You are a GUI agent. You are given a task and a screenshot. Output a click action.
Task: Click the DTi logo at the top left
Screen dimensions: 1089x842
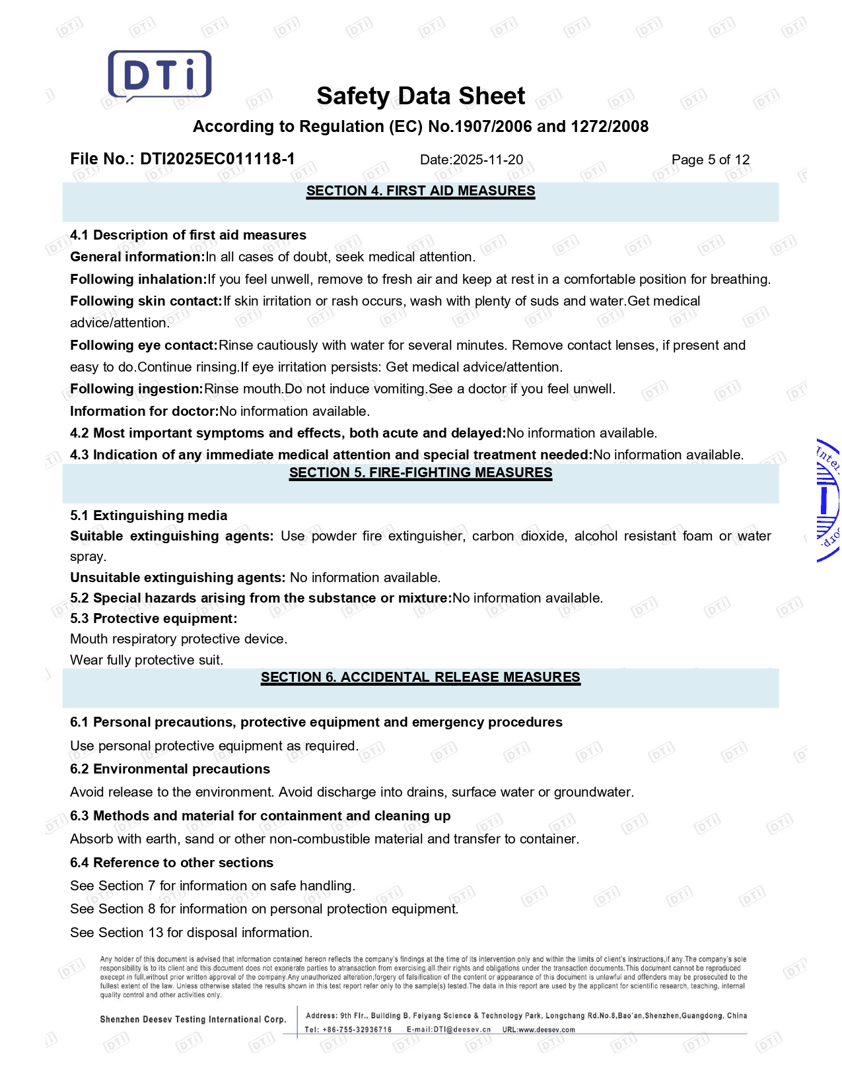tap(160, 75)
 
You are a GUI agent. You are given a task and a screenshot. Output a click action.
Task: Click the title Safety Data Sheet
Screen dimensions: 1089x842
tap(421, 96)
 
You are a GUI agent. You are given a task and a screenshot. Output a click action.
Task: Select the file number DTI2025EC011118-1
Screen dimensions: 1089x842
tap(217, 159)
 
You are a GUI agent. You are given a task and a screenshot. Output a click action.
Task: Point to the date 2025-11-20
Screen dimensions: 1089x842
tap(488, 160)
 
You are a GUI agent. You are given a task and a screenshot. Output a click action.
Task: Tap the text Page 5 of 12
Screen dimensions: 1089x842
tap(711, 160)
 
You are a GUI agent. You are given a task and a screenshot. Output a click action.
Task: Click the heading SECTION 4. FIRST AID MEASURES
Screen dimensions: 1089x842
tap(421, 191)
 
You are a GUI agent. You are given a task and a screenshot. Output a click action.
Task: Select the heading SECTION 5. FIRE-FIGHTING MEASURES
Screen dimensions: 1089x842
tap(421, 473)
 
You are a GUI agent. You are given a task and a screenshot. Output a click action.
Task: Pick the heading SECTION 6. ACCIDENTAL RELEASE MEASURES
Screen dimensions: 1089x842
tap(421, 677)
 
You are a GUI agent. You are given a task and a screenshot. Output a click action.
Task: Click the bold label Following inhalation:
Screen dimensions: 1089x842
tap(139, 279)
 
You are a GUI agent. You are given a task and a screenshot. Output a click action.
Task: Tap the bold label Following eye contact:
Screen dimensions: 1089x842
tap(144, 345)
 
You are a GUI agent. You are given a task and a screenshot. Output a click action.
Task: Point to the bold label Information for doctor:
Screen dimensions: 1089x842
tap(145, 411)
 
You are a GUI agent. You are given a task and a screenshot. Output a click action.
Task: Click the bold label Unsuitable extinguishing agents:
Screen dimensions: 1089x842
tap(178, 577)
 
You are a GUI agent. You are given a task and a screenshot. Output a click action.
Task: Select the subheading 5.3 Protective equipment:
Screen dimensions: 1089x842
tap(153, 618)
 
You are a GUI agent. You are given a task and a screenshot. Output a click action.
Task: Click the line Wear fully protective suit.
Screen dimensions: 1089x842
tap(147, 660)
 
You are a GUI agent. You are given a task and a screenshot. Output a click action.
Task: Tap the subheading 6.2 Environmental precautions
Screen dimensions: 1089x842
tap(170, 769)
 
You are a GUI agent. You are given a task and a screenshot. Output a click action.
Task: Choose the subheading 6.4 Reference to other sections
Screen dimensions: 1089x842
tap(172, 863)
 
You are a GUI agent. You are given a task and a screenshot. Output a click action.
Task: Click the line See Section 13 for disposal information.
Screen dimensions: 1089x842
tap(192, 933)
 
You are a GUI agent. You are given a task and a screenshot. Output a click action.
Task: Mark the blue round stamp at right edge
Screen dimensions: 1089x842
tap(828, 500)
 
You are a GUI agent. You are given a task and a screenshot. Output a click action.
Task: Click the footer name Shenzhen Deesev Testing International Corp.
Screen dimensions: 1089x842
tap(193, 1020)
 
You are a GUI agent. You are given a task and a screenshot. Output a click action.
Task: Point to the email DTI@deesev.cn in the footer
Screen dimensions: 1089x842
tap(462, 1030)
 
